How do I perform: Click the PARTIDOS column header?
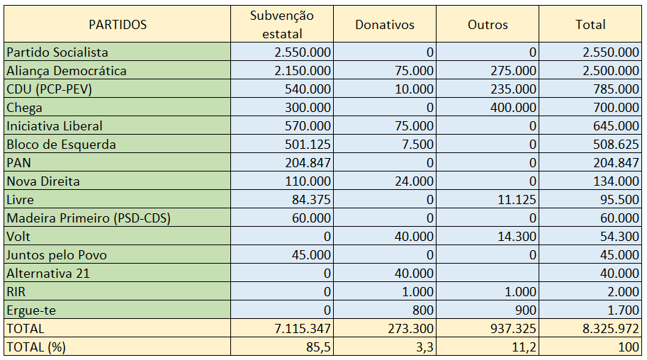[118, 25]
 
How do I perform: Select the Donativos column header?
[385, 25]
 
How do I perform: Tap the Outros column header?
[488, 25]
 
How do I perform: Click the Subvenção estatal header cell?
[282, 25]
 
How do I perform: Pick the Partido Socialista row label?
[57, 52]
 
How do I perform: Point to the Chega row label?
[25, 108]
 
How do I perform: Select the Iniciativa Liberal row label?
[55, 126]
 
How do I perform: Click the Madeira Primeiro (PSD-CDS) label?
[89, 218]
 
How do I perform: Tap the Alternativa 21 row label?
[48, 274]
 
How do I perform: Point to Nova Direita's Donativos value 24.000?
[415, 181]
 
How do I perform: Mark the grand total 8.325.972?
[611, 329]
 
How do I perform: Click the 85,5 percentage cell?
[318, 347]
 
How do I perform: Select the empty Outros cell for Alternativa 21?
[488, 274]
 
